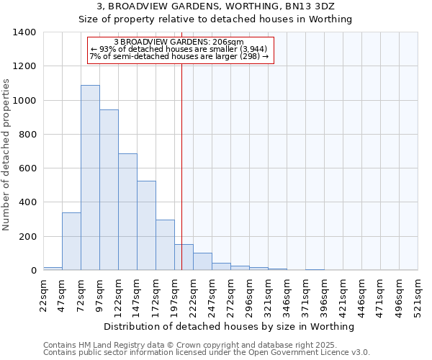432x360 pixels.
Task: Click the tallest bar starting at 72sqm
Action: (x=90, y=178)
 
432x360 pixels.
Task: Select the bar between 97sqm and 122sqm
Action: (x=109, y=190)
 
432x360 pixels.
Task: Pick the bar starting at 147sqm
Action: (x=146, y=225)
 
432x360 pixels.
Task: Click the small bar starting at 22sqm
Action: (x=53, y=269)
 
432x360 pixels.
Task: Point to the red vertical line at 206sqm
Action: (x=181, y=158)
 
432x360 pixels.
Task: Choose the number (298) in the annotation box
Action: (x=251, y=56)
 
